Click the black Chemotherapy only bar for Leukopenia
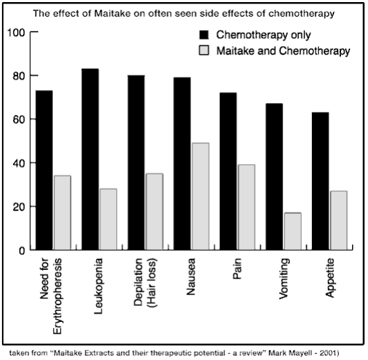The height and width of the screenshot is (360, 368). (x=90, y=159)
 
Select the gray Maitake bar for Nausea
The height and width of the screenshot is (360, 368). (x=201, y=197)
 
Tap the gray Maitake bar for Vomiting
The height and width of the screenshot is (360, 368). (x=293, y=231)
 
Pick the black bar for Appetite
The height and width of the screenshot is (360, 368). (x=320, y=181)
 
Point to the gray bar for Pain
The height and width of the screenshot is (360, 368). (x=247, y=207)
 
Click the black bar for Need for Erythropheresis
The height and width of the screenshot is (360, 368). (x=44, y=170)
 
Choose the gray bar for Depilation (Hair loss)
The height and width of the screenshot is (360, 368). (x=155, y=212)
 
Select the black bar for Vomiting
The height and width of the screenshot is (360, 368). (x=275, y=177)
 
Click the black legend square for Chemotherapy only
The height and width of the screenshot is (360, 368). (x=204, y=35)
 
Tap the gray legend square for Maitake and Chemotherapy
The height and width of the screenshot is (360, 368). (x=204, y=51)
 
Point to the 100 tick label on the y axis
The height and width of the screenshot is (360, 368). (x=16, y=33)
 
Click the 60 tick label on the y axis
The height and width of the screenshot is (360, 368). (x=19, y=120)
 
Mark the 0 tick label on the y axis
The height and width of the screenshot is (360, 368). (x=22, y=251)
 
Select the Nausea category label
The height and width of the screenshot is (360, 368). (x=191, y=276)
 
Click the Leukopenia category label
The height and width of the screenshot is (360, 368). (x=98, y=286)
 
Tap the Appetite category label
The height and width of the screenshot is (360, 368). (x=329, y=278)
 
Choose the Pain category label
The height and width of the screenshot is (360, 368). (x=237, y=269)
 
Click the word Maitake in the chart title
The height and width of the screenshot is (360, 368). (x=112, y=13)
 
